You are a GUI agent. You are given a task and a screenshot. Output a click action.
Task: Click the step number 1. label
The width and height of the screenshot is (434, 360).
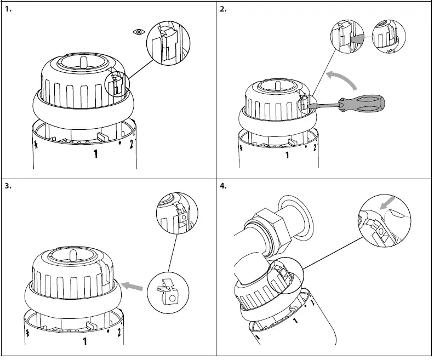7,9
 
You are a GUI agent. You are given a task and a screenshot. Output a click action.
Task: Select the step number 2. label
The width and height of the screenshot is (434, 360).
223,9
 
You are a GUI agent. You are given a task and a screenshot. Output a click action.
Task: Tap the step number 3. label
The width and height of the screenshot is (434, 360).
7,186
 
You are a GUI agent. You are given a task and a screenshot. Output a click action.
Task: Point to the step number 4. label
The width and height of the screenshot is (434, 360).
223,186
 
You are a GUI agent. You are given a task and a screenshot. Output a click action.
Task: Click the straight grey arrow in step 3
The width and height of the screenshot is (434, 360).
132,285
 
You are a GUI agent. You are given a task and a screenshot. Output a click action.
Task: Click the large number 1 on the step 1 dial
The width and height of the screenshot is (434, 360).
95,155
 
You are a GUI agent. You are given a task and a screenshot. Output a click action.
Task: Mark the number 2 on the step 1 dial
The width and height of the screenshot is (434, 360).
132,145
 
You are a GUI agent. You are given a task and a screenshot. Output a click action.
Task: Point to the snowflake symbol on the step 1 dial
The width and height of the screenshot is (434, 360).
36,145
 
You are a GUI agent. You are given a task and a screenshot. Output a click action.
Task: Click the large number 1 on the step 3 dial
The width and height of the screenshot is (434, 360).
85,342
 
